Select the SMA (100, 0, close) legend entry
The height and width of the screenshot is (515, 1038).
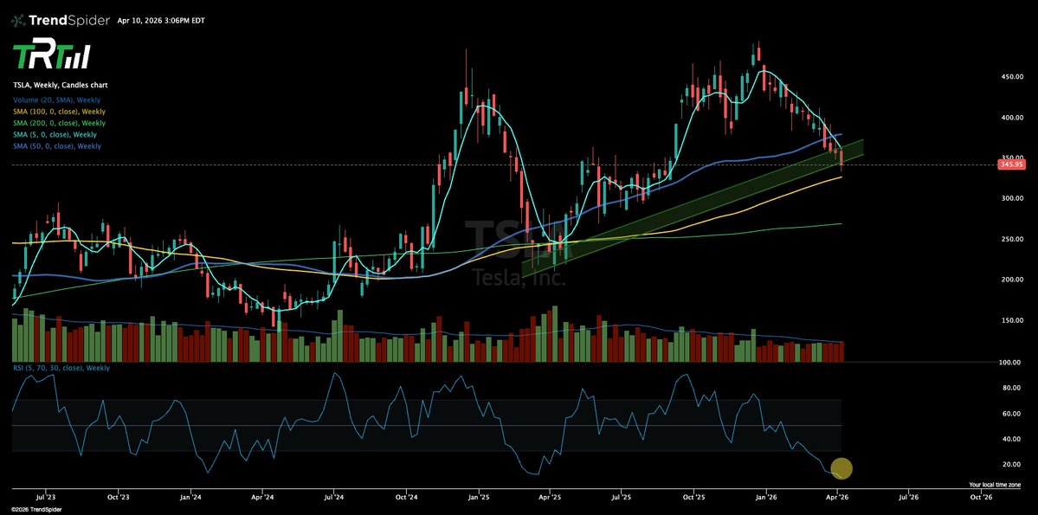tap(59, 112)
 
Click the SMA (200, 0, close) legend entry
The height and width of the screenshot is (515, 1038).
tap(59, 123)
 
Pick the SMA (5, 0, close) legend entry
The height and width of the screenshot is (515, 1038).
tap(54, 135)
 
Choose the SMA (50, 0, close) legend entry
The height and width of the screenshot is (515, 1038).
tap(56, 146)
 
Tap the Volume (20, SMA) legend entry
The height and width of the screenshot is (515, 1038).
tap(57, 100)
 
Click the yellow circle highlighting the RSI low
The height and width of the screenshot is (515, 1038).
tap(841, 469)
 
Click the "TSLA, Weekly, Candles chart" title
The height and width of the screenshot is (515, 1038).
tap(60, 86)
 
